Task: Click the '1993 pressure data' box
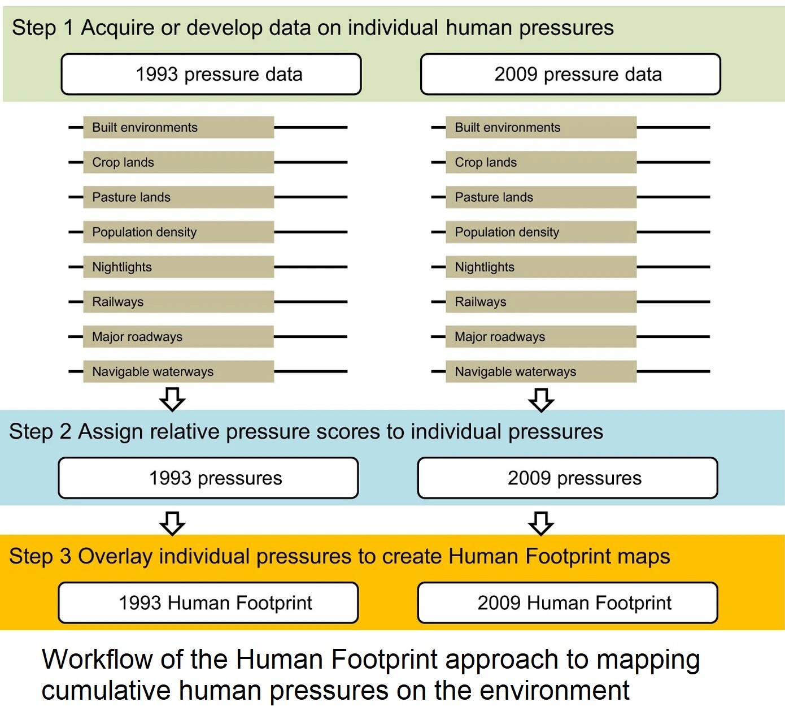point(211,74)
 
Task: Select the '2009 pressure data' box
point(570,74)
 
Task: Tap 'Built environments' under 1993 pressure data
point(178,127)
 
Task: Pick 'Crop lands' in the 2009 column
point(541,162)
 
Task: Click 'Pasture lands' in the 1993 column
point(178,197)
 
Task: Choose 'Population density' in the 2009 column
point(541,232)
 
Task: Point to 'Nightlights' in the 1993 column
point(178,267)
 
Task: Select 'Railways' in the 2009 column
point(541,302)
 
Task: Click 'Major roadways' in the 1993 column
point(178,336)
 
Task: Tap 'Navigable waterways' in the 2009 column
point(541,371)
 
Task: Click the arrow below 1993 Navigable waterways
point(172,400)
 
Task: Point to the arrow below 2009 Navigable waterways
point(541,400)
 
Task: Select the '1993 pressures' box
point(208,478)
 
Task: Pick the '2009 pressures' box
point(568,478)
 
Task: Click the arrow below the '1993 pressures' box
point(172,523)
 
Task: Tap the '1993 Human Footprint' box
point(208,603)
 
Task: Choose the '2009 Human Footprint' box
point(568,603)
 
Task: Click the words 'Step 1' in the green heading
point(43,28)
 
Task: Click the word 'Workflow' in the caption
point(97,660)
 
